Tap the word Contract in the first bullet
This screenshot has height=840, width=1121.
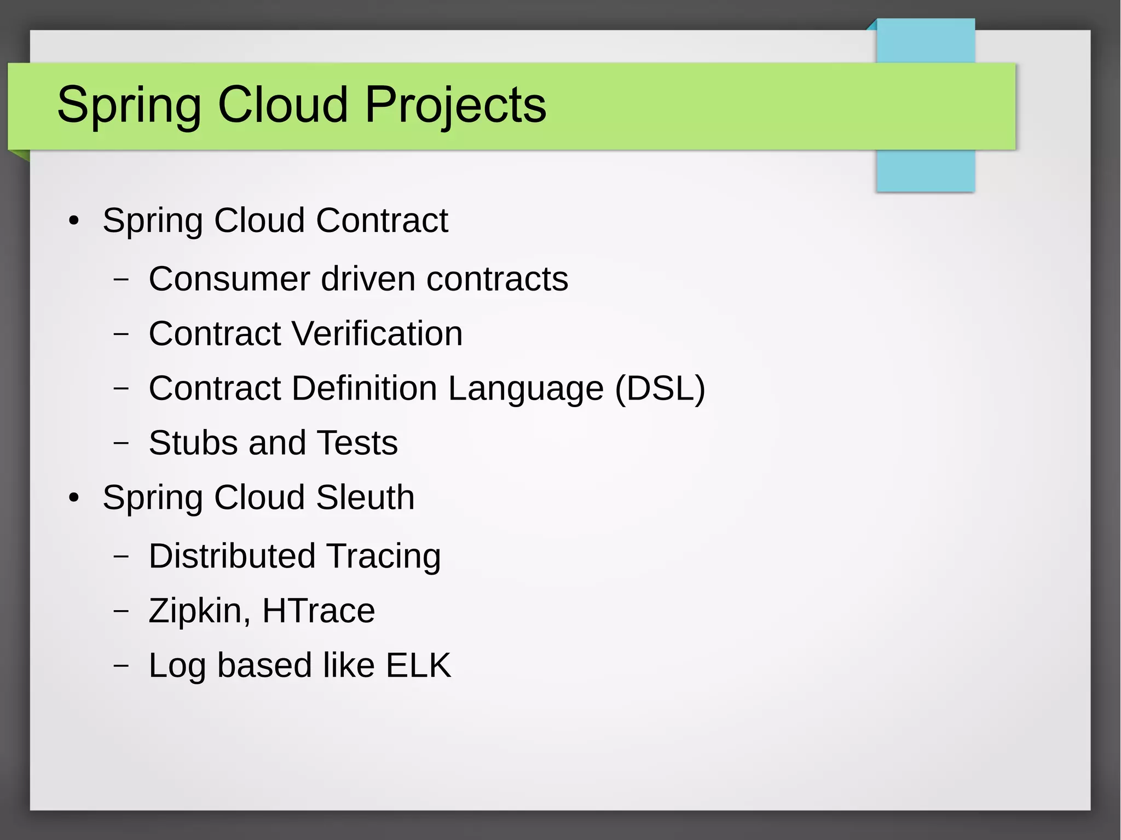(382, 221)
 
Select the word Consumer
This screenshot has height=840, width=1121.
(229, 279)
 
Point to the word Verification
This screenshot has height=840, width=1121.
(377, 333)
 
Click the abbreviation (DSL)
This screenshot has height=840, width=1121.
(660, 389)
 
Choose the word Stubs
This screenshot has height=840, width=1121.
(193, 443)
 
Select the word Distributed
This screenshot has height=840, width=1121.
(232, 556)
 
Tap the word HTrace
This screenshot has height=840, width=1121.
(319, 611)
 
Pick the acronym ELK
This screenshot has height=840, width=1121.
(418, 665)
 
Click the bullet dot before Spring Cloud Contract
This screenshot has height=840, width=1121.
(74, 221)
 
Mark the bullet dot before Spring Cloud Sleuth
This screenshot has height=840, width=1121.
(74, 498)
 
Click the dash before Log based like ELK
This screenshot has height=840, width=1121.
(121, 665)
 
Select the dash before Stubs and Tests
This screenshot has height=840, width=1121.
(121, 443)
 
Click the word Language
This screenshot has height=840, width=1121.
(525, 389)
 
